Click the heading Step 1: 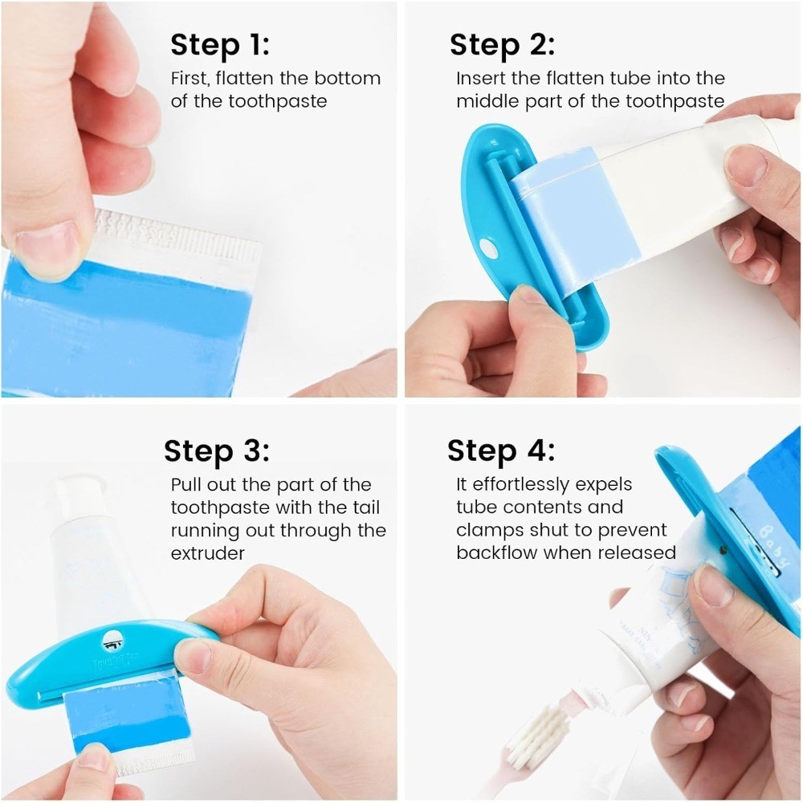click(220, 46)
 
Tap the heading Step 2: click(502, 46)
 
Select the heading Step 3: click(217, 451)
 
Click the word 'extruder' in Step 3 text click(208, 553)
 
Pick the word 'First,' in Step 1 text click(191, 79)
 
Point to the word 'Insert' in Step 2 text click(479, 79)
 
